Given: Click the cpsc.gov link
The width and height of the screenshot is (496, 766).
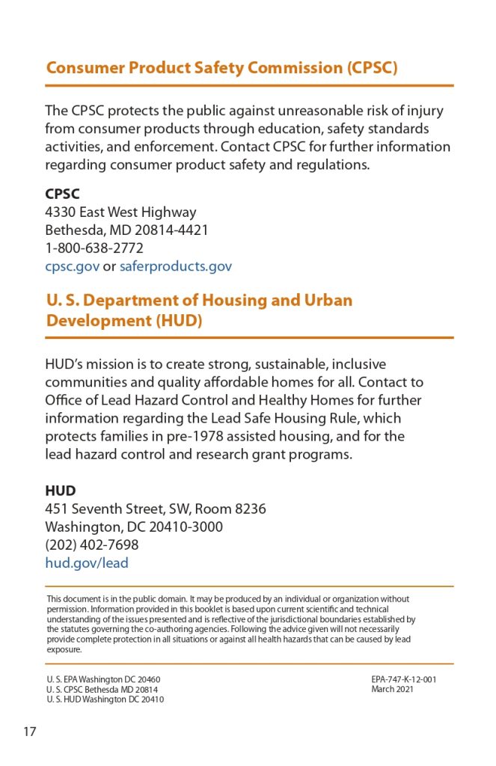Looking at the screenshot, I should [x=72, y=266].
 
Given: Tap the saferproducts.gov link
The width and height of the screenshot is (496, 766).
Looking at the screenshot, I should [x=176, y=266].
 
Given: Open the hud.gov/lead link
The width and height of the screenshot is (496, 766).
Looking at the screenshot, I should [x=87, y=563].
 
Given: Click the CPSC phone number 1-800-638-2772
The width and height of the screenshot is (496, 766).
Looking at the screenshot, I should [x=94, y=248].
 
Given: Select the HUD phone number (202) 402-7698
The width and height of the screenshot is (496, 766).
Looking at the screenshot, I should [x=92, y=545].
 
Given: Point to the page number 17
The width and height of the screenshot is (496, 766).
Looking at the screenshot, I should [x=29, y=731].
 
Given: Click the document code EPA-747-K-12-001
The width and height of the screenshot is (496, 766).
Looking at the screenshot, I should [x=403, y=680].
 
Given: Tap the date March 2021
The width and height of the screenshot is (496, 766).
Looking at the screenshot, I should [x=392, y=690].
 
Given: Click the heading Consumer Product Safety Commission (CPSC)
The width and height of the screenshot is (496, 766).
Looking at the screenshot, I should [x=221, y=68].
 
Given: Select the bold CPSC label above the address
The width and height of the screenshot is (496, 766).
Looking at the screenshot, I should [x=62, y=194].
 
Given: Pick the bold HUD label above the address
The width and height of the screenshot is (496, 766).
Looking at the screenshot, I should [x=60, y=491].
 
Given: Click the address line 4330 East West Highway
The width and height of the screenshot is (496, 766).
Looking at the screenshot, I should [x=120, y=212].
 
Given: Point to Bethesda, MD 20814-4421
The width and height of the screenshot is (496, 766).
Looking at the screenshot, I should [x=126, y=230].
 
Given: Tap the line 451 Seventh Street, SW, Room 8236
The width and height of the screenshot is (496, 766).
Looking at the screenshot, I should [x=156, y=509].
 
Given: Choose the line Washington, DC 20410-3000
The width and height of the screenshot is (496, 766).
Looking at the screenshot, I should [x=134, y=527].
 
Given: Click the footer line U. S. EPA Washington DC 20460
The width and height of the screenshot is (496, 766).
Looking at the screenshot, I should [x=103, y=680].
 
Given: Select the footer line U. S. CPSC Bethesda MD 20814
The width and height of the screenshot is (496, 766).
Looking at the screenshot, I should [x=102, y=690].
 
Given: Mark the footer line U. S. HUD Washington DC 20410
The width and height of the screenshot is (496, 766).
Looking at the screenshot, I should [x=105, y=699].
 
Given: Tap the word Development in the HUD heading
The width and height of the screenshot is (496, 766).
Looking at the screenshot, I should [x=99, y=321].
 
